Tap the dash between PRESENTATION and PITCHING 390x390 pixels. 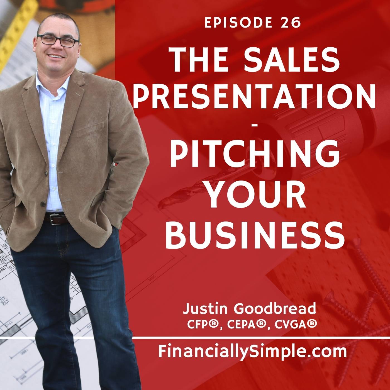(255, 126)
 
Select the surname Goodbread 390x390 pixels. (275, 309)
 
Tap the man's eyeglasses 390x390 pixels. (58, 41)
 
